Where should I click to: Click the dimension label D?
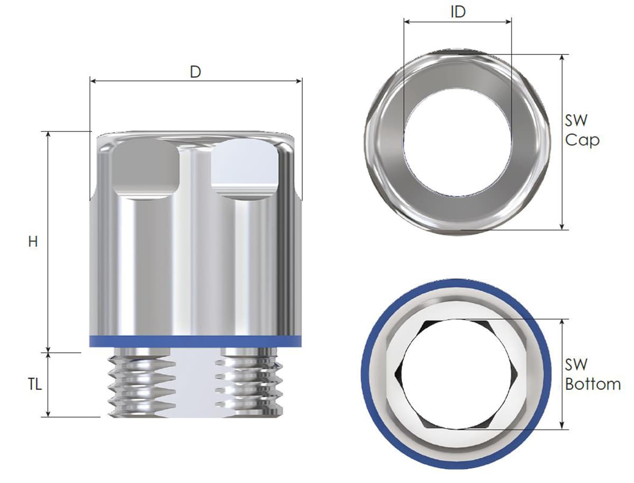point(195,72)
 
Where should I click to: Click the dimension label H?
point(33,241)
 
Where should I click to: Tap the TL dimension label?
point(35,385)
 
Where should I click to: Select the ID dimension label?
point(458,12)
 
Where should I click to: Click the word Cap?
point(582,141)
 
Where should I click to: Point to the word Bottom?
point(593,384)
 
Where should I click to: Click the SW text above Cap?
point(576,120)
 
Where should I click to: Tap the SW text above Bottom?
point(576,365)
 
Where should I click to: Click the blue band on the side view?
point(195,341)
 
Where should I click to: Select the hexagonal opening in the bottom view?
point(456,374)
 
